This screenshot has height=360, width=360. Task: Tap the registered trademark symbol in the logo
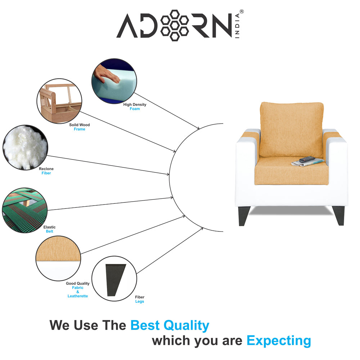(x=242, y=12)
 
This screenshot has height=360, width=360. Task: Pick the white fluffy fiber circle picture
(x=25, y=147)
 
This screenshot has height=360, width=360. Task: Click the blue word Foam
(x=135, y=109)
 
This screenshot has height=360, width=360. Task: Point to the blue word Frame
(x=80, y=129)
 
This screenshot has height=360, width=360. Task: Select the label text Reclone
(x=46, y=169)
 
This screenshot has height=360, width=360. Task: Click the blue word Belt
(x=49, y=231)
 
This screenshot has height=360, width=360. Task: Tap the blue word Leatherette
(x=77, y=296)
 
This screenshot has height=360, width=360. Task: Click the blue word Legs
(x=140, y=302)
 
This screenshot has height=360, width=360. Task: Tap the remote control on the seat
(x=307, y=159)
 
